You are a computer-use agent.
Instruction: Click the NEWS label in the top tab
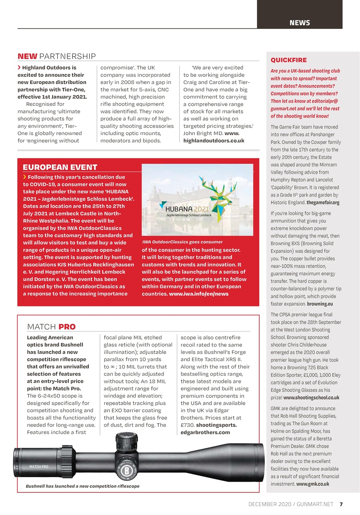[x=300, y=23]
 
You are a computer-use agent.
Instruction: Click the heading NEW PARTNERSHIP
[x=56, y=56]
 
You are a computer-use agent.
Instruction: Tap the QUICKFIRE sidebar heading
[x=289, y=60]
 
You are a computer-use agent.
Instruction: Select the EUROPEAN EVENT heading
[x=60, y=167]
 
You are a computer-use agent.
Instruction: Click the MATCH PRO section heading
[x=51, y=327]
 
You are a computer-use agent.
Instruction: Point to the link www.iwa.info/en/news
[x=199, y=294]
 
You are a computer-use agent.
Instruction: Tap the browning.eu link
[x=320, y=304]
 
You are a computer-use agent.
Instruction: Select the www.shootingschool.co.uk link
[x=311, y=398]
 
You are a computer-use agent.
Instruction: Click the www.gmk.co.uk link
[x=312, y=484]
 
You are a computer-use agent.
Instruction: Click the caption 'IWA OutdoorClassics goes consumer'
[x=182, y=242]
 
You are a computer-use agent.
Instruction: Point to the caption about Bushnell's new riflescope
[x=83, y=486]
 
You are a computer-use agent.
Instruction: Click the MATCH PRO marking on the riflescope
[x=39, y=467]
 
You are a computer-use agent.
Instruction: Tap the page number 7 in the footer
[x=341, y=504]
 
